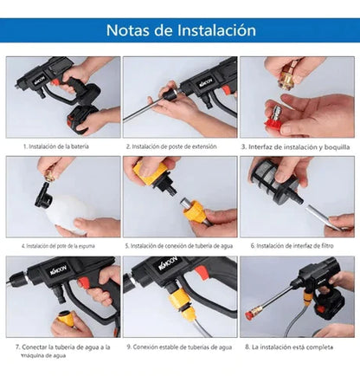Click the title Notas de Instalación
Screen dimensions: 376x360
[x=180, y=30]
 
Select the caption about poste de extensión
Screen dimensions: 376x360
[x=177, y=147]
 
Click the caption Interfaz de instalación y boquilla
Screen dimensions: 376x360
[x=299, y=147]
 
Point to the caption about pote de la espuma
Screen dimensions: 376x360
[x=61, y=246]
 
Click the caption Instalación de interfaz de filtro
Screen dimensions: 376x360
[x=299, y=246]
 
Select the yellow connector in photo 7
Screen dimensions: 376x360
[x=66, y=319]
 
